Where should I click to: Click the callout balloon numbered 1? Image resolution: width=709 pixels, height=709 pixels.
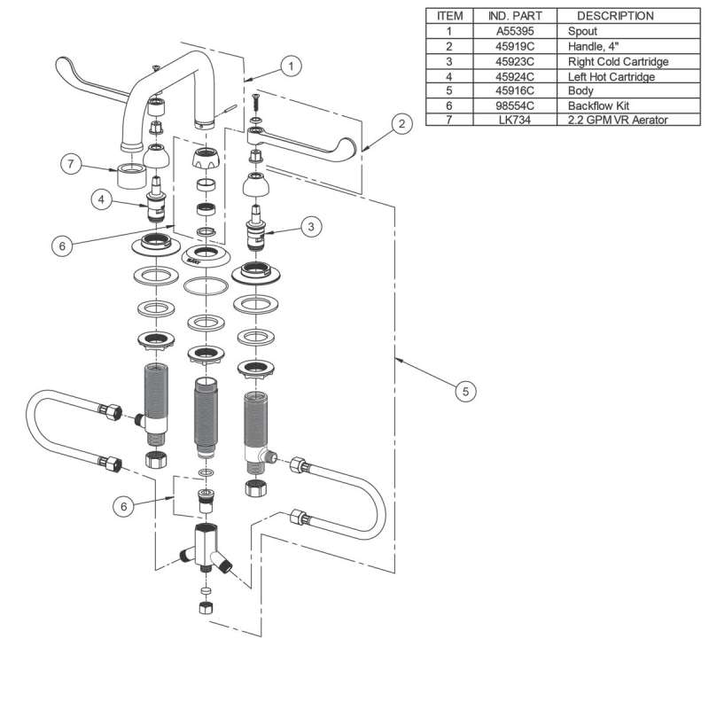coord(292,65)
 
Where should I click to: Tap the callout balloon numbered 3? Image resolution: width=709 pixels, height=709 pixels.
coord(310,227)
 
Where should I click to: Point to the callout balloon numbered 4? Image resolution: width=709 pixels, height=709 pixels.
coord(103,200)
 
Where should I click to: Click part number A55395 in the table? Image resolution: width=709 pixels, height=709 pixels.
coord(515,30)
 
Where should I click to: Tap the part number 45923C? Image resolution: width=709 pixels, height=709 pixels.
coord(515,61)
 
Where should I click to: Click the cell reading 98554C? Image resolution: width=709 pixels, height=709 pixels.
coord(515,105)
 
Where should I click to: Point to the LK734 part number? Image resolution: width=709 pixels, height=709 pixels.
coord(515,120)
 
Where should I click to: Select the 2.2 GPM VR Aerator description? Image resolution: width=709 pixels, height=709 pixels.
coord(618,120)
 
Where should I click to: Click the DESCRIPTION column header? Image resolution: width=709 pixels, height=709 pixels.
coord(615,16)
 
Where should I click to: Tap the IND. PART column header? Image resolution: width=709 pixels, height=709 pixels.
coord(515,16)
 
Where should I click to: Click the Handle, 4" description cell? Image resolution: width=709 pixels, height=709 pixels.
coord(595,46)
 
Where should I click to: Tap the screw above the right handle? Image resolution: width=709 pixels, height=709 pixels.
coord(254,99)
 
